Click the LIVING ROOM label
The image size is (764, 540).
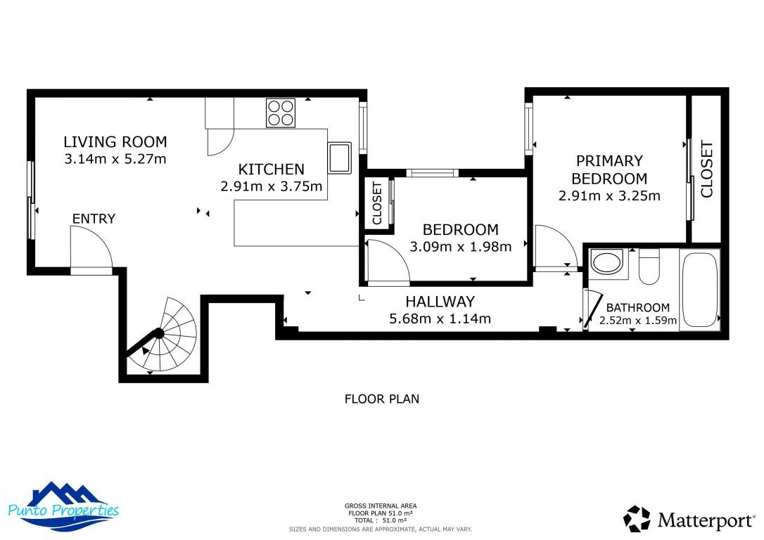pos(115,142)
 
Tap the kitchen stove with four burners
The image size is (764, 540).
pos(280,112)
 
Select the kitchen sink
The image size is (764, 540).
pos(340,157)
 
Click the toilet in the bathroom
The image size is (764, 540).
pos(649,266)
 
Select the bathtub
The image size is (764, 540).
pos(699,289)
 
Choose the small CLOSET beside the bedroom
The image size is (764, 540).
pos(376,204)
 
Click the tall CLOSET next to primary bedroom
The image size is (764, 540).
pos(706,169)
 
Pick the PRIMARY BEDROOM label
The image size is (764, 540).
pos(609,169)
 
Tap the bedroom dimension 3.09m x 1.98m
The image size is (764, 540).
pos(460,247)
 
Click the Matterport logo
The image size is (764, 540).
pos(687,520)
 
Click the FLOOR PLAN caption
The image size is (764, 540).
pos(381,399)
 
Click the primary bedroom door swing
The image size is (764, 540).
pos(554,246)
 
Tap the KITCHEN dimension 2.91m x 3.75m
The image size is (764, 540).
pos(271,187)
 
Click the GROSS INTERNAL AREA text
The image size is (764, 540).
pos(380,506)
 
